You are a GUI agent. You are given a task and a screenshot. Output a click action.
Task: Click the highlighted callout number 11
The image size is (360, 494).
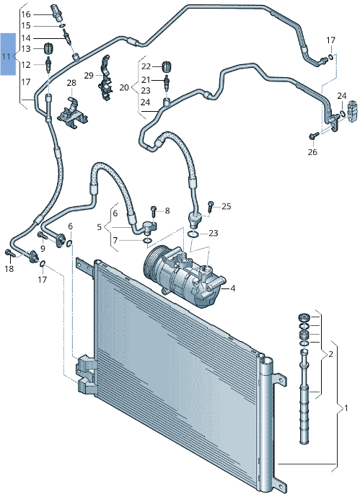[x=6, y=56]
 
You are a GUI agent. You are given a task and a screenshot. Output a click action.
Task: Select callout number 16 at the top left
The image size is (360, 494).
[x=26, y=14]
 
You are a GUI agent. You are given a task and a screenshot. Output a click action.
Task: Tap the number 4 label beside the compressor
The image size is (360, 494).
[x=233, y=288]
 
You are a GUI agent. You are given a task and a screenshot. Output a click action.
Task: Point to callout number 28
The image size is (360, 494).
[x=71, y=84]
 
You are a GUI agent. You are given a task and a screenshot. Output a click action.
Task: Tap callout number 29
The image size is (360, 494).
[x=88, y=76]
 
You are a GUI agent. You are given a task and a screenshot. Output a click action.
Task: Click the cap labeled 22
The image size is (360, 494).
[x=167, y=66]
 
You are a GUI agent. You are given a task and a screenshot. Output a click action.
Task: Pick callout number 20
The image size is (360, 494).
[x=123, y=87]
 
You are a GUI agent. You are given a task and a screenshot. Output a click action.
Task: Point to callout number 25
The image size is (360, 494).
[x=226, y=206]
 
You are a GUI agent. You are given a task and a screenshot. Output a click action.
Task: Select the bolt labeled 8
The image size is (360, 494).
[x=154, y=211]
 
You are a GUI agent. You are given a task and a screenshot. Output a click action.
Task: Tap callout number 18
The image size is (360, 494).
[x=9, y=269]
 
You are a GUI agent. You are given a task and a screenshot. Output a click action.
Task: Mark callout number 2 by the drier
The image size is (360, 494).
[x=330, y=355]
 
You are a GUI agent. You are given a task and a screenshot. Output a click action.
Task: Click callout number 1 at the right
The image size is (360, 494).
[x=346, y=409]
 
